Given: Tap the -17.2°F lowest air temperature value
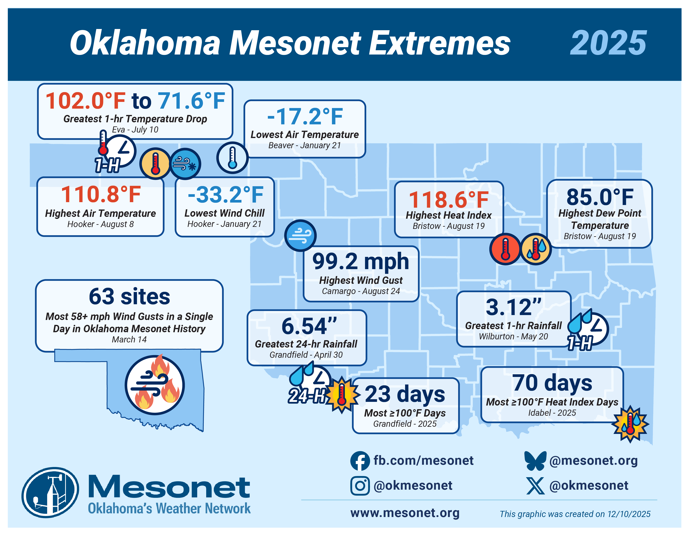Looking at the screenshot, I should [x=305, y=116].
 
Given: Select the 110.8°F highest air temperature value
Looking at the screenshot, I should [x=101, y=194].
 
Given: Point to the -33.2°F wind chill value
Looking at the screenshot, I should [x=225, y=195].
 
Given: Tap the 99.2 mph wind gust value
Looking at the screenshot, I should [x=361, y=262].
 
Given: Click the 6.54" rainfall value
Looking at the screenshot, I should [x=309, y=326].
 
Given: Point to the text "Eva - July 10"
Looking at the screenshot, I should [x=135, y=130].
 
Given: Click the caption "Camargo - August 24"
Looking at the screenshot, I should [x=361, y=291].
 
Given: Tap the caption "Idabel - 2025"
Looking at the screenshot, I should [x=552, y=413].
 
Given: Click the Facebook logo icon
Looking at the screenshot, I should [x=360, y=461].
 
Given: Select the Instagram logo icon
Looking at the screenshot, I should [x=360, y=486].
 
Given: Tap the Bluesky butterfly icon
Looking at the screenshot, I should [x=535, y=461].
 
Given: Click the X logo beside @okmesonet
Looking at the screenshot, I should [x=535, y=486].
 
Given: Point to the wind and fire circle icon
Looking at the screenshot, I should [x=155, y=385].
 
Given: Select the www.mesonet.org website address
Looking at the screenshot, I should [x=405, y=513].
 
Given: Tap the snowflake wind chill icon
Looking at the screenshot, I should [x=185, y=164].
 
